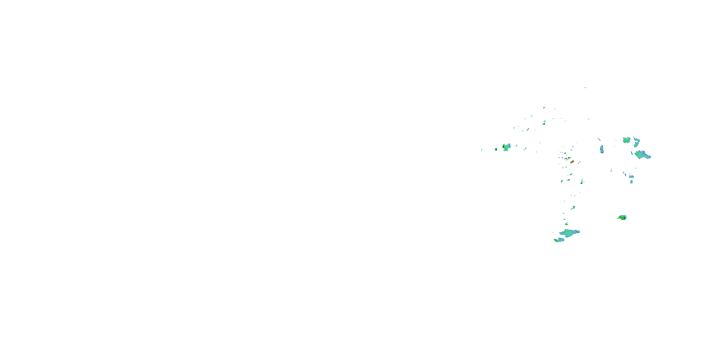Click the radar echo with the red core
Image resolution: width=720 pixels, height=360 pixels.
[x=572, y=162]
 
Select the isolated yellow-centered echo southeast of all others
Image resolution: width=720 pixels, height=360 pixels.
[x=622, y=217]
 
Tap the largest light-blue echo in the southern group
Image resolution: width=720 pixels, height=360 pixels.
[x=569, y=233]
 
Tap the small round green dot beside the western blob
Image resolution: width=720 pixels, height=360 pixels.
[x=496, y=150]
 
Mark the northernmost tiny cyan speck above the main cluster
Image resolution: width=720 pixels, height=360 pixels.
[x=585, y=88]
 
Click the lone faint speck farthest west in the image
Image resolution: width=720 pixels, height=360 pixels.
[x=101, y=52]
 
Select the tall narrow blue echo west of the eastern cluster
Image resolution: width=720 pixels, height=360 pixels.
[x=602, y=149]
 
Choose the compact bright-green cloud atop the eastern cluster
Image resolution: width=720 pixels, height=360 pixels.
[x=626, y=140]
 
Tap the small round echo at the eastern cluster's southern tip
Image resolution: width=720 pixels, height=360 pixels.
[x=631, y=182]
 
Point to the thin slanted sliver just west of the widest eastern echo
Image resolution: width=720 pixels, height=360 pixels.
[x=632, y=153]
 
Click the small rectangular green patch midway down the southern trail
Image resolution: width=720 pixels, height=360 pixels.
[x=574, y=207]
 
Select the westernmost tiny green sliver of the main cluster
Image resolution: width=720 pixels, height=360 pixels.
[x=482, y=150]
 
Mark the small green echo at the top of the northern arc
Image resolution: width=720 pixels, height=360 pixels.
[x=544, y=108]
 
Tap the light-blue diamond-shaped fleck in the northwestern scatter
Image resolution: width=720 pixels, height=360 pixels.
[x=528, y=129]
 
